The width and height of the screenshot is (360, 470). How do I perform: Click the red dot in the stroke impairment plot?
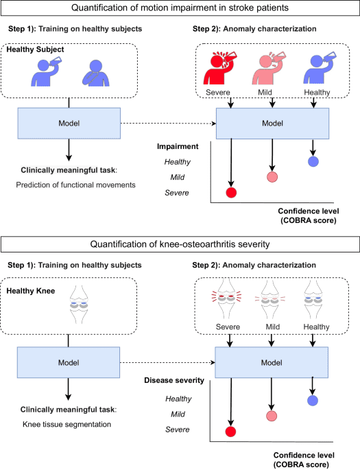[x=231, y=192]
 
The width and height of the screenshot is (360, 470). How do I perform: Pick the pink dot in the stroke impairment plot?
[x=272, y=177]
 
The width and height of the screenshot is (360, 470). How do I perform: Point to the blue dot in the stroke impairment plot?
[x=313, y=162]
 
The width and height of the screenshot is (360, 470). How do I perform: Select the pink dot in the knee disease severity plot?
[x=272, y=416]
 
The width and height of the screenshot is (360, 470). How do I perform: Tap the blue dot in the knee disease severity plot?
[x=313, y=400]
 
